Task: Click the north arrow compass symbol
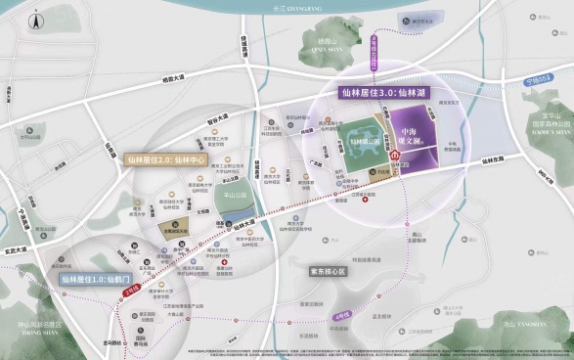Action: pos(34,18)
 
